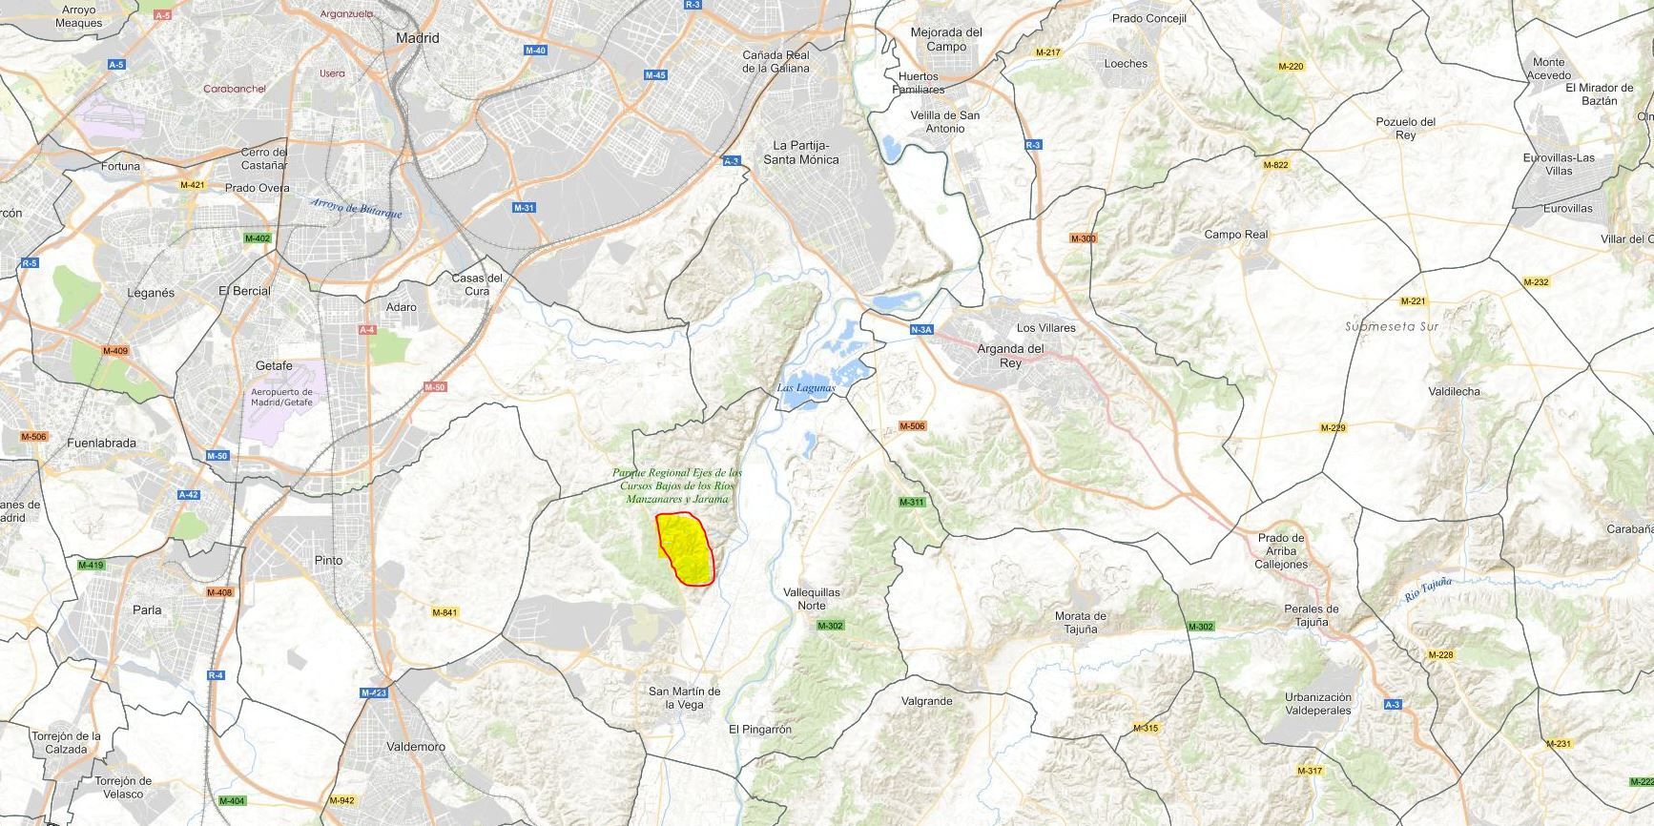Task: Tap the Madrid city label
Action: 418,38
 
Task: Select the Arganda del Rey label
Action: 1010,356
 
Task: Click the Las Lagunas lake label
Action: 806,388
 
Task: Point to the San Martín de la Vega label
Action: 684,698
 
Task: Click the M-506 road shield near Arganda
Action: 912,426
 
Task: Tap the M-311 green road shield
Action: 912,502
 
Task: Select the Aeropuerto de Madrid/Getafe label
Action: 281,397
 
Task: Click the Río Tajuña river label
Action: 1428,590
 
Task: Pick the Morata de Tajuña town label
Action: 1080,622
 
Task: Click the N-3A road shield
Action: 920,330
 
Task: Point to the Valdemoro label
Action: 416,747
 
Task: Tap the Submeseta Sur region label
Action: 1392,326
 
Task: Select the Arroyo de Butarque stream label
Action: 356,208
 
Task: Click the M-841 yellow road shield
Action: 445,612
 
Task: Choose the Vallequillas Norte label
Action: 812,599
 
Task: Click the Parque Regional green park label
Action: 677,485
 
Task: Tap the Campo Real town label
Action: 1236,235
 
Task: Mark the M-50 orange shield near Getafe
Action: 434,387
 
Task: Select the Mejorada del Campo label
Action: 946,39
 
